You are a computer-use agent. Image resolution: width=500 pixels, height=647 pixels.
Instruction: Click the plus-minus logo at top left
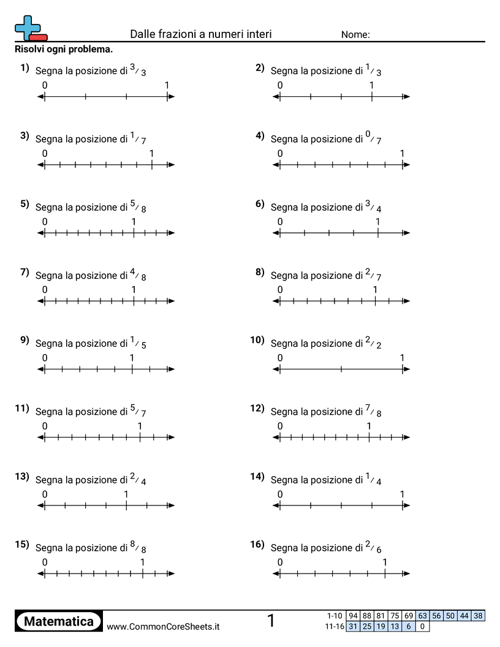[x=29, y=28]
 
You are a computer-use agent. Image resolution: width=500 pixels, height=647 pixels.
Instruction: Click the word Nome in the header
[x=355, y=35]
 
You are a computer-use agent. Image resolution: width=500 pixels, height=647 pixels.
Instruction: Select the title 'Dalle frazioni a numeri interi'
[x=201, y=34]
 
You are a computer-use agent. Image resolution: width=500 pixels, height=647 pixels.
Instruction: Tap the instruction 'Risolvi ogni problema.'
[x=64, y=49]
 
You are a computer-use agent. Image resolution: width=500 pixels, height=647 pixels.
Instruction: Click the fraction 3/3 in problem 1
[x=138, y=70]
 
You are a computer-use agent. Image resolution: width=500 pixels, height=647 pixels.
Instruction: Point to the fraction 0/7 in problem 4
[x=373, y=138]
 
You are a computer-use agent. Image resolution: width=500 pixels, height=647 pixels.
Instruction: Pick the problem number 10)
[x=257, y=340]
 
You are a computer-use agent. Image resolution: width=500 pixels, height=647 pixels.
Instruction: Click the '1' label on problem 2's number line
[x=371, y=85]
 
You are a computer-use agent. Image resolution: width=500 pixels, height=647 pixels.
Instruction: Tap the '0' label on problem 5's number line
[x=45, y=222]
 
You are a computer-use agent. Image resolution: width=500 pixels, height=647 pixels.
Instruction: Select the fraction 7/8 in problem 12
[x=373, y=412]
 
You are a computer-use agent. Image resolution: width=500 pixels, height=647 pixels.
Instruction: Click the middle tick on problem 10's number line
[x=341, y=369]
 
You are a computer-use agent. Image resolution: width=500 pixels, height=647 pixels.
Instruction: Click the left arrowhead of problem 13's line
[x=41, y=505]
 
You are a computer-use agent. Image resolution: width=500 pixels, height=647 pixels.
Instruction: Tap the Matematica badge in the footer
[x=59, y=621]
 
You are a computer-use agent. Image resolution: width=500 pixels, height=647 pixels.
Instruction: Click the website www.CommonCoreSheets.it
[x=163, y=626]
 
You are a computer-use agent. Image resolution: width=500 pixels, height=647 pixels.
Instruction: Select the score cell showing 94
[x=353, y=616]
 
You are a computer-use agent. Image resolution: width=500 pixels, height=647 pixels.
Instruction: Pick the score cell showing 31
[x=353, y=626]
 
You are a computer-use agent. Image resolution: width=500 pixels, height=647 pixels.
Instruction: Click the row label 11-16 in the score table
[x=335, y=626]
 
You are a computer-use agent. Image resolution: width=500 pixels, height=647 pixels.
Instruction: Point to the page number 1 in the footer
[x=271, y=621]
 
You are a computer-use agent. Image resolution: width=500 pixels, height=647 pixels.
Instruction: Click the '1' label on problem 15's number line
[x=143, y=562]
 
